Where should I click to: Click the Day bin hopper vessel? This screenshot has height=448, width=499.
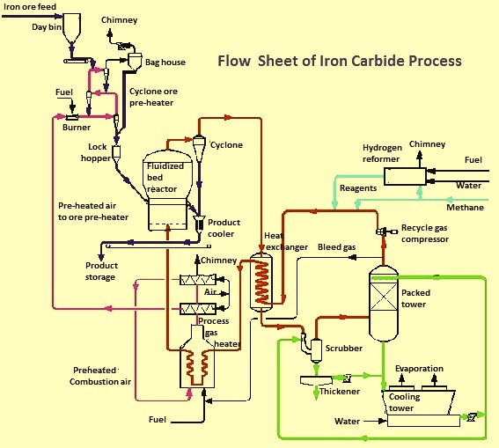pyautogui.click(x=71, y=28)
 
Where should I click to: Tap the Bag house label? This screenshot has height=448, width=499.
pyautogui.click(x=165, y=62)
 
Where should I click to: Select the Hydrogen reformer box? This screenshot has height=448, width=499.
pyautogui.click(x=405, y=176)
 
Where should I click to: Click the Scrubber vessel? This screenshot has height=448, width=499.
pyautogui.click(x=316, y=350)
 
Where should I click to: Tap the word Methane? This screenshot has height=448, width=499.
pyautogui.click(x=465, y=208)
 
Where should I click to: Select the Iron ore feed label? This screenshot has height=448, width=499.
pyautogui.click(x=30, y=7)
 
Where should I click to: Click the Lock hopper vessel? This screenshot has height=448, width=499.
pyautogui.click(x=116, y=154)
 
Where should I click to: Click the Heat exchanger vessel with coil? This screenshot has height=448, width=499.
pyautogui.click(x=261, y=282)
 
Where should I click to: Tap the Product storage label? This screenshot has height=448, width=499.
pyautogui.click(x=101, y=271)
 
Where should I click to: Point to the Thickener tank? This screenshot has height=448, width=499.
pyautogui.click(x=316, y=380)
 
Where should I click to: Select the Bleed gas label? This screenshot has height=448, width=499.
pyautogui.click(x=337, y=247)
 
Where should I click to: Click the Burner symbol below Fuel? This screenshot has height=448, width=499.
pyautogui.click(x=72, y=117)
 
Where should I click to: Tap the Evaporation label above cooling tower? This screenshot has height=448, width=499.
pyautogui.click(x=419, y=369)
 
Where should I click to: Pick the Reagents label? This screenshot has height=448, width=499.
pyautogui.click(x=358, y=188)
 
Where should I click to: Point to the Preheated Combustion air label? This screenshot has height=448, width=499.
pyautogui.click(x=100, y=376)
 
